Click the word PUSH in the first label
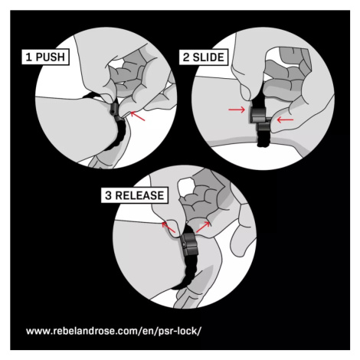[x=50, y=57]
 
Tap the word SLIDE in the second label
[x=208, y=57]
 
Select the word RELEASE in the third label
[x=139, y=195]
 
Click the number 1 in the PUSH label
[x=29, y=57]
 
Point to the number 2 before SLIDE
[x=186, y=57]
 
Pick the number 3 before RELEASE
[x=109, y=195]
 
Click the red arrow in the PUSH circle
[x=138, y=116]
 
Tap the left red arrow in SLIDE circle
[x=237, y=110]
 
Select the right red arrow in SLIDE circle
[x=285, y=119]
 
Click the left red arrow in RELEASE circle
[x=169, y=227]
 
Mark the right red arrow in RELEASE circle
[x=203, y=227]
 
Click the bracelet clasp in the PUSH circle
[x=116, y=112]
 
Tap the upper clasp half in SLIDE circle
[x=258, y=115]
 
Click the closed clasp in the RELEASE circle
[x=190, y=244]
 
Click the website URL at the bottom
[x=113, y=331]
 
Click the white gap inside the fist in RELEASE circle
[x=187, y=186]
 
